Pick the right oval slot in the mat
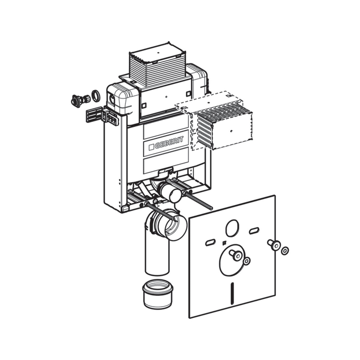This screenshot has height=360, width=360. [x=254, y=231]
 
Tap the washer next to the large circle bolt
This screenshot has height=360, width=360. [x=247, y=261]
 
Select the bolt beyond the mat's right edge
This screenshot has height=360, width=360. [x=273, y=244]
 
